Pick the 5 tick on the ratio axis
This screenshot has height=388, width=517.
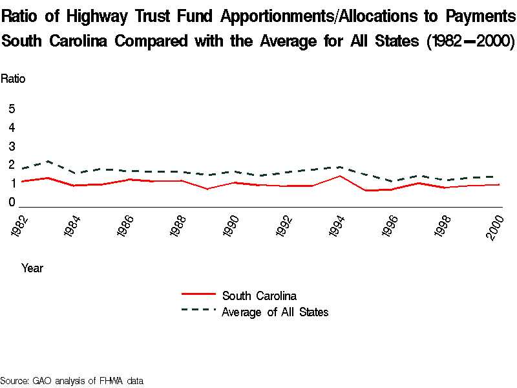(x=12, y=109)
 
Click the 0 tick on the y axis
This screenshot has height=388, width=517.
(x=12, y=203)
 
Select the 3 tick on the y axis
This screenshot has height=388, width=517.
(x=12, y=147)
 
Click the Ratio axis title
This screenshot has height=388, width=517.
(x=13, y=79)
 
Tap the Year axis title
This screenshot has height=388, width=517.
(x=32, y=268)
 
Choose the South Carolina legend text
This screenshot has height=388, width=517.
(x=259, y=296)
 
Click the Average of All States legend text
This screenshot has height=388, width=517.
(x=275, y=312)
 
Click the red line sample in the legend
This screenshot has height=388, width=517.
(x=198, y=295)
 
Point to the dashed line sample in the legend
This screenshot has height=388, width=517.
(x=198, y=310)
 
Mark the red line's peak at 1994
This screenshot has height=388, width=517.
(x=337, y=176)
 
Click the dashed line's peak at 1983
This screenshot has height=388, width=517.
(x=48, y=161)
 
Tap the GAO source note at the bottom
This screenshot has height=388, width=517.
(x=71, y=381)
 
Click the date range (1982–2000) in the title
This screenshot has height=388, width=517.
(x=469, y=42)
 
